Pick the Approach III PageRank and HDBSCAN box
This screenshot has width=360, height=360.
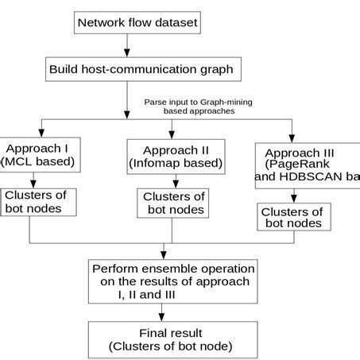(307, 166)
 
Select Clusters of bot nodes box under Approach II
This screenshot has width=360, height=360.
(172, 203)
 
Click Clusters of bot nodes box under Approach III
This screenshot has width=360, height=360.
(292, 218)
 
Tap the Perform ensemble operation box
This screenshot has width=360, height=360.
(173, 281)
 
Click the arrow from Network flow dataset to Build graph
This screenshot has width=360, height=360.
(128, 45)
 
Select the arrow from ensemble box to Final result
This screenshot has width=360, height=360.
(172, 312)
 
